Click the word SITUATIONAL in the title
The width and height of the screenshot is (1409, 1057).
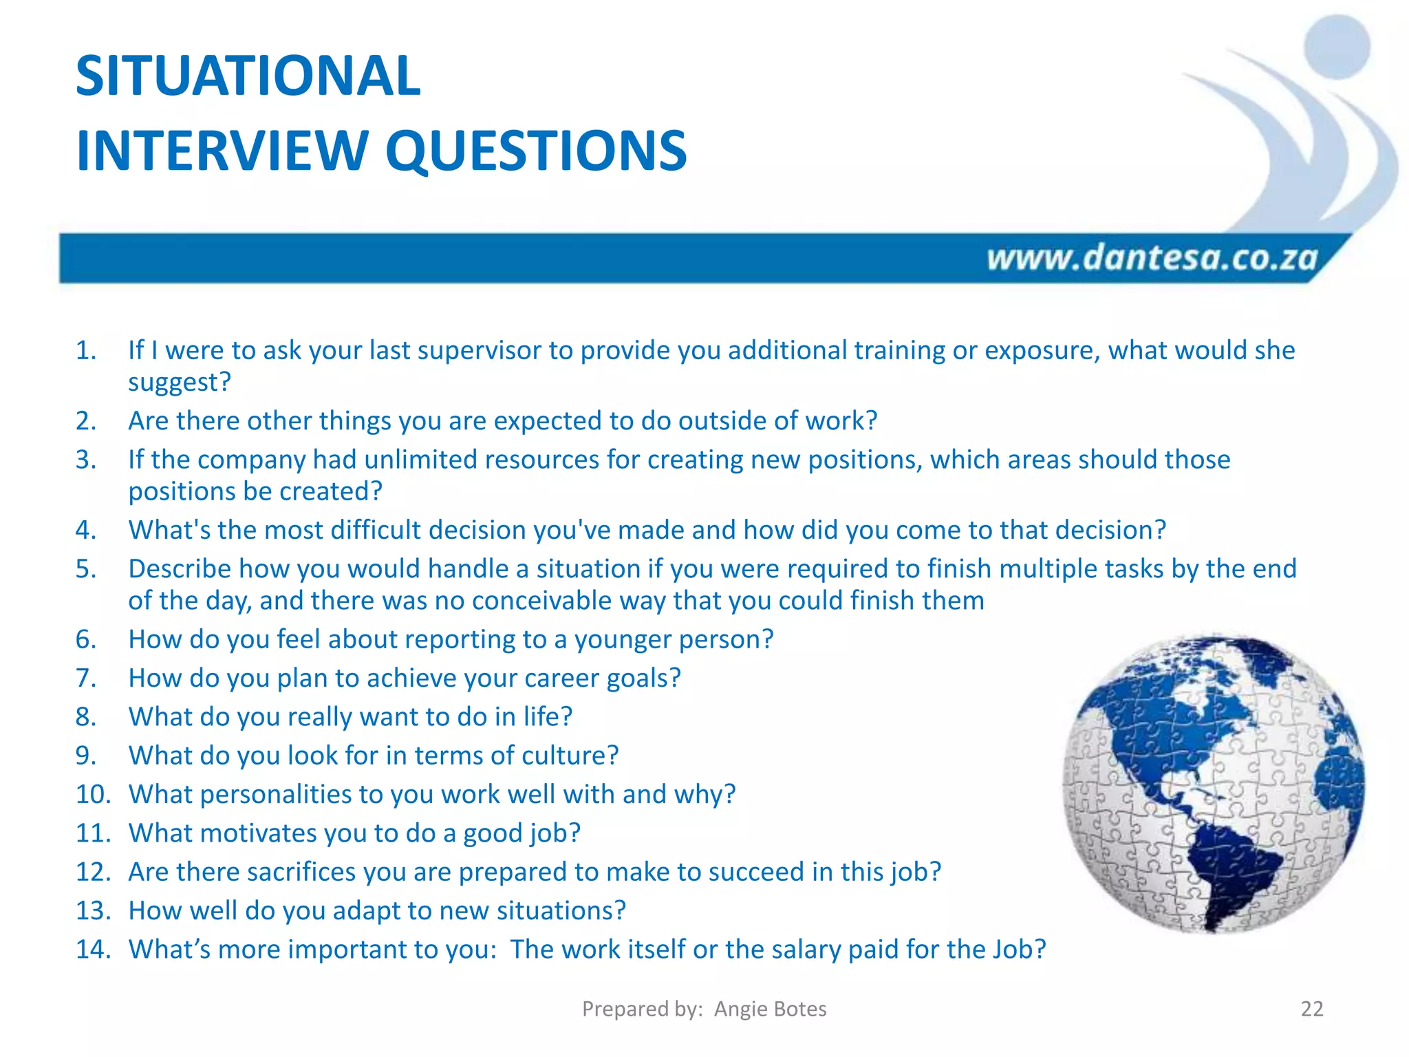tap(248, 76)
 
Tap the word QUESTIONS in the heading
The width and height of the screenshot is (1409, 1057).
tap(536, 151)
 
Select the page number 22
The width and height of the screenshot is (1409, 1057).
tap(1311, 1009)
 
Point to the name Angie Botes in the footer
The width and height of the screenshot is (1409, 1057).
tap(770, 1009)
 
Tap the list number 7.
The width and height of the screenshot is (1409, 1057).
tap(86, 679)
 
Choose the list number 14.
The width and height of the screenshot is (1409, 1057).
tap(93, 950)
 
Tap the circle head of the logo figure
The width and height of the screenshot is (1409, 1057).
tap(1337, 47)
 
